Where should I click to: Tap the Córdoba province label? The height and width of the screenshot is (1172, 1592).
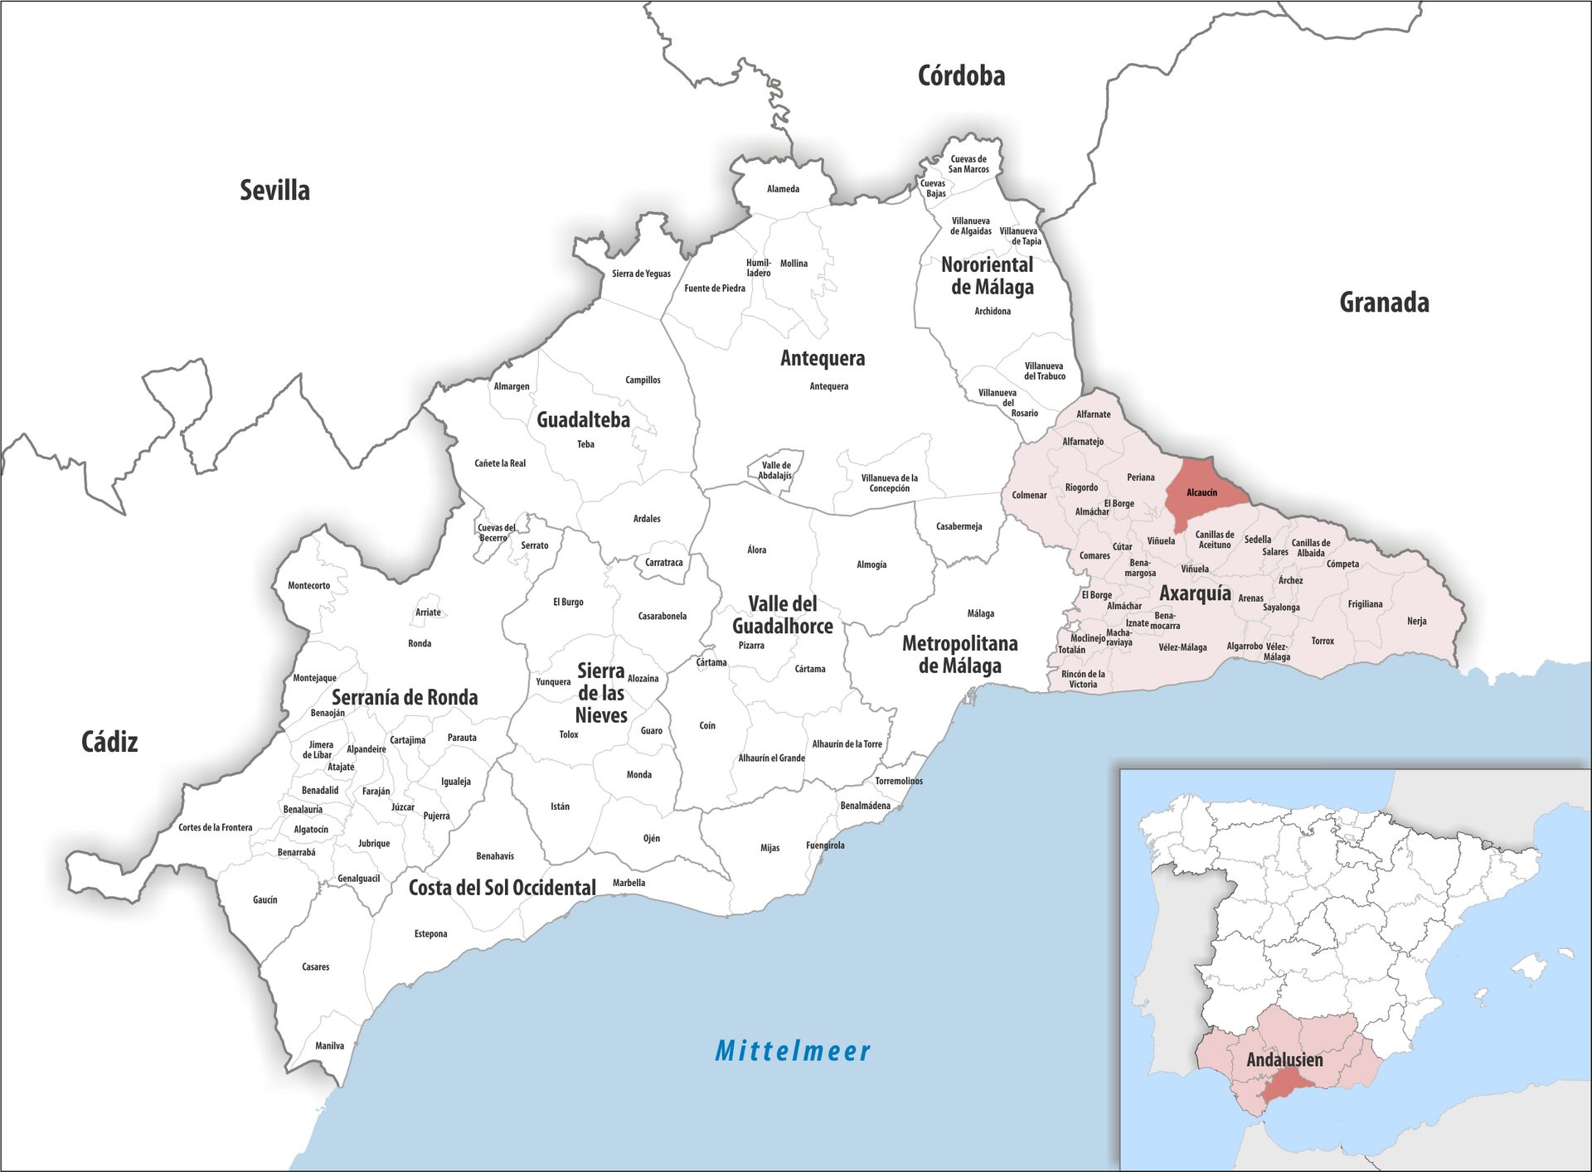[x=961, y=76]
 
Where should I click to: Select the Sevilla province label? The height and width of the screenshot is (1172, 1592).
[x=274, y=191]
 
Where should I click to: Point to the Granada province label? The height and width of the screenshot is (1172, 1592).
[x=1384, y=303]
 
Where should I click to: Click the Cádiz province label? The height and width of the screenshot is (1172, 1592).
[x=109, y=742]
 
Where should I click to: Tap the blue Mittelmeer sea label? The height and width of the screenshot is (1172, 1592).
[x=793, y=1051]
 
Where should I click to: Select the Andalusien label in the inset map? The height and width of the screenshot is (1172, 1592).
[x=1284, y=1060]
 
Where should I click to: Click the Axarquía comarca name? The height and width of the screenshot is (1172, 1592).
[x=1195, y=593]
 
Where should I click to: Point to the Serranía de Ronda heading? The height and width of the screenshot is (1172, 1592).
[x=405, y=698]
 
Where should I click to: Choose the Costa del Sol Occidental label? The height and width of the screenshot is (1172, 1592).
[x=502, y=889]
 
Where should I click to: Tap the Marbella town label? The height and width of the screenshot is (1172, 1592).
[x=629, y=883]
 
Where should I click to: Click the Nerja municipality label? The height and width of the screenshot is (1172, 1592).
[x=1416, y=621]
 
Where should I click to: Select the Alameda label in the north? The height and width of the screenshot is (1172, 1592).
[x=783, y=189]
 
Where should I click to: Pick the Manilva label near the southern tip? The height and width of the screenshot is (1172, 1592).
[x=329, y=1046]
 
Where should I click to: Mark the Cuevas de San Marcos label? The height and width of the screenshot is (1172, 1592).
[x=968, y=164]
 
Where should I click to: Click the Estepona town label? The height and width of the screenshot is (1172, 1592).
[x=430, y=934]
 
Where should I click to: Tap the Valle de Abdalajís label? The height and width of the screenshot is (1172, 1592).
[x=776, y=470]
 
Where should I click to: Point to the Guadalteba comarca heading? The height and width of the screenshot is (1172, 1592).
[x=583, y=420]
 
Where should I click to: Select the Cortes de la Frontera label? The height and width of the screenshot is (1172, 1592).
[x=215, y=827]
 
